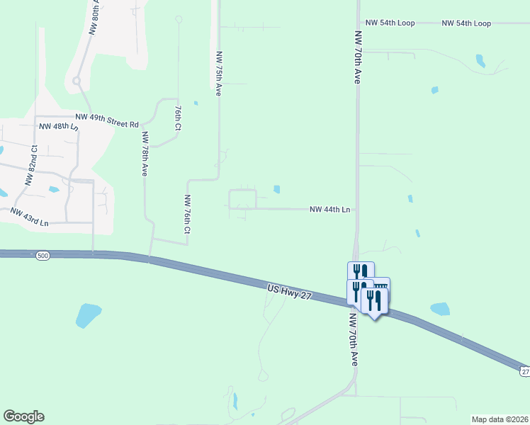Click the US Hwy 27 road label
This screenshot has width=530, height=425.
290,291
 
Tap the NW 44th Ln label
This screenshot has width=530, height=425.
330,210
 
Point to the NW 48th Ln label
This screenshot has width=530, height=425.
58,126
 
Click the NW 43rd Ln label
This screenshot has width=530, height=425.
29,217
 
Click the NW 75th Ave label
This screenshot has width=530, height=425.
219,73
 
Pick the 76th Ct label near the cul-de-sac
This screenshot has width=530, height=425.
178,116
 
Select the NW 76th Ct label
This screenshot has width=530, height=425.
188,214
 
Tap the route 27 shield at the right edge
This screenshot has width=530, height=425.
524,371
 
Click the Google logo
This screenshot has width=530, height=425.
23,416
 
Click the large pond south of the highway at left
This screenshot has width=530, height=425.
88,314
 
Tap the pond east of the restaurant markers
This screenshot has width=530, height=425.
440,309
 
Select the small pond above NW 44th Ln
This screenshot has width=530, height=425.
276,189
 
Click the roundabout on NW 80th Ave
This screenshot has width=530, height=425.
76,81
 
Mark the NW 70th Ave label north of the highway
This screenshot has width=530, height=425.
359,57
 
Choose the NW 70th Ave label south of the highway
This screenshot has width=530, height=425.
353,340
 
